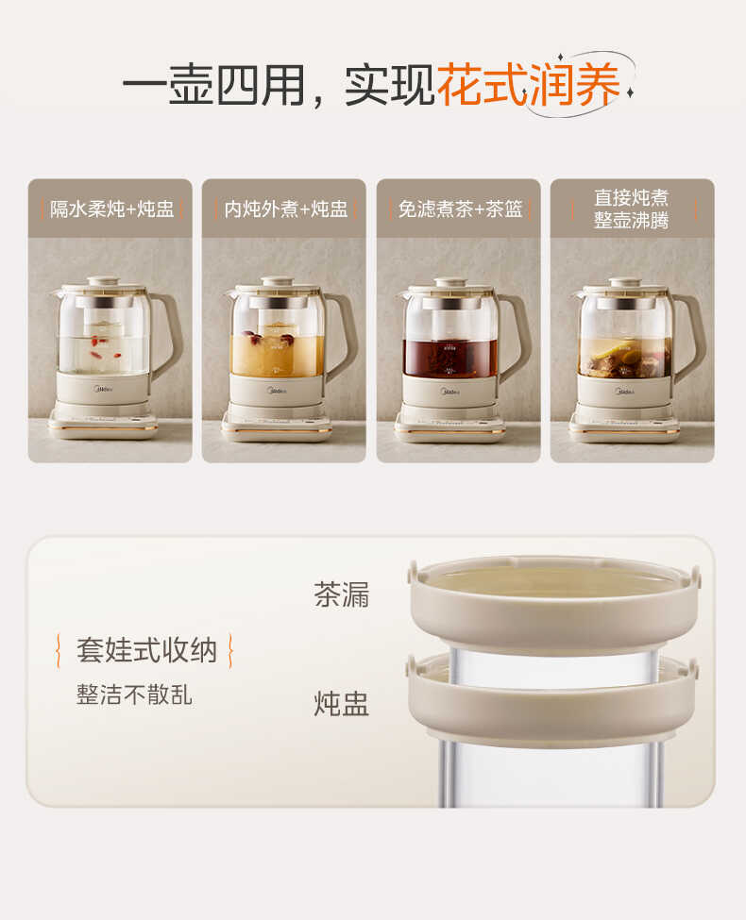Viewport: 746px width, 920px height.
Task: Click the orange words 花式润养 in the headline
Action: pos(529,86)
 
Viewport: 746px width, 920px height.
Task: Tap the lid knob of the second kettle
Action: pos(278,281)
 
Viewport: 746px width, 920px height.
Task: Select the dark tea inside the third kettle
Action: pos(449,359)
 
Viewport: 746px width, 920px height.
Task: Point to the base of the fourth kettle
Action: pos(624,427)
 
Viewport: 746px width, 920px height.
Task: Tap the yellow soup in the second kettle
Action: pos(274,354)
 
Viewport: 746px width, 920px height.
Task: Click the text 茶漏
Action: pos(341,594)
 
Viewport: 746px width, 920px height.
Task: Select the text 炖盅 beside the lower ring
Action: pos(341,703)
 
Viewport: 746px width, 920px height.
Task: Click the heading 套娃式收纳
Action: pos(146,650)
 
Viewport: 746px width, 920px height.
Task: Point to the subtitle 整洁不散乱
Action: pos(134,695)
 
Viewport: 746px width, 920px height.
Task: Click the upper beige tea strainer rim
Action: pos(554,613)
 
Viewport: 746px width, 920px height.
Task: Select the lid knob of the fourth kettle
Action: pos(625,281)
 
